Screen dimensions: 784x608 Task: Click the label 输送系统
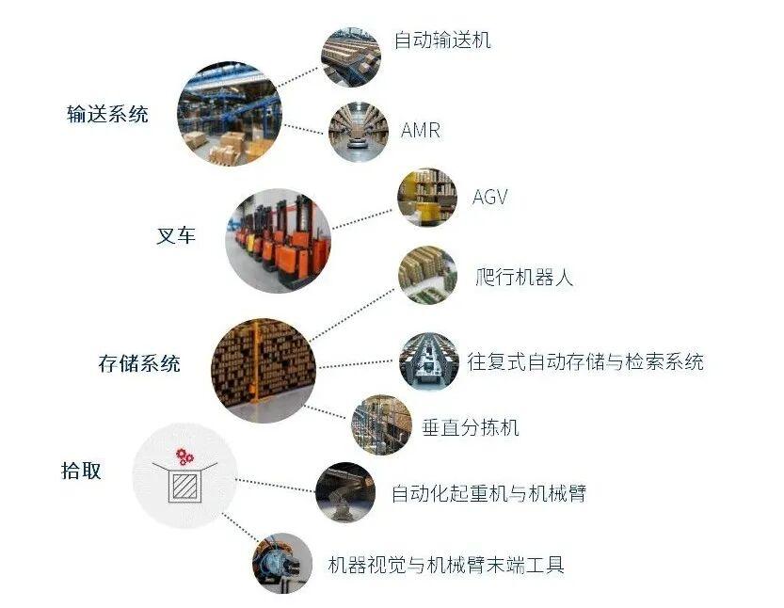(x=107, y=114)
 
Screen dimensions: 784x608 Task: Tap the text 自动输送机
(x=442, y=40)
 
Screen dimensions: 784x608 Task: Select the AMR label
(x=421, y=131)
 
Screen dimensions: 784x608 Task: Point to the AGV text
(x=490, y=197)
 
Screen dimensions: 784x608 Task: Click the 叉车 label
(x=176, y=235)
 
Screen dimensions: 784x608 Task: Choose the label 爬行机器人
(x=524, y=277)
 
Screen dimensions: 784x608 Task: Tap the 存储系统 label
(x=139, y=363)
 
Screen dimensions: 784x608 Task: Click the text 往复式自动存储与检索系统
(x=585, y=361)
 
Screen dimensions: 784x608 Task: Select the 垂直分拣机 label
(x=471, y=427)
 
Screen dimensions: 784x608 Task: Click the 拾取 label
(x=81, y=471)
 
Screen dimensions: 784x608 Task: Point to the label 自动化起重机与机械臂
(x=488, y=493)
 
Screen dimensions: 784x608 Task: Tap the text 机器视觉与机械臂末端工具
(x=446, y=565)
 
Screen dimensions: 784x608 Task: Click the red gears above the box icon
(x=184, y=456)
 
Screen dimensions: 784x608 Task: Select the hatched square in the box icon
(x=184, y=485)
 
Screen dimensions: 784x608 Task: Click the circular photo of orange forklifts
(x=278, y=241)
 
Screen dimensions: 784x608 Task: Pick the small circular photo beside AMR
(x=359, y=132)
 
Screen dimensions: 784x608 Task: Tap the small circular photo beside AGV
(x=427, y=198)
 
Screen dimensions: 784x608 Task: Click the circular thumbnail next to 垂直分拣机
(x=382, y=424)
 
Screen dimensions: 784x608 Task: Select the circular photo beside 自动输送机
(x=350, y=57)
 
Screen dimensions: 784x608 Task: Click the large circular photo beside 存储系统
(x=264, y=371)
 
